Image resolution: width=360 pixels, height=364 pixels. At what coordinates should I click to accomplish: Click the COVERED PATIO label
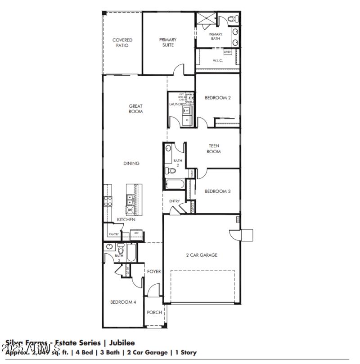pyautogui.click(x=122, y=43)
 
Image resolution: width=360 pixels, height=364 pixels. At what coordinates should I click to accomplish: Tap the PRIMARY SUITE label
pyautogui.click(x=167, y=42)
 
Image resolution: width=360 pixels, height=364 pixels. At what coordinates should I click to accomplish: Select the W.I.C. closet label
pyautogui.click(x=218, y=61)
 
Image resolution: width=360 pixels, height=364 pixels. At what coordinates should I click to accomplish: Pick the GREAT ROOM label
pyautogui.click(x=135, y=109)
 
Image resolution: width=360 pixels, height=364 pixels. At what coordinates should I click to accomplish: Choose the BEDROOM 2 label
pyautogui.click(x=218, y=97)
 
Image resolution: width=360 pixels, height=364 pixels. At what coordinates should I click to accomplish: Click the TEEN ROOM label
pyautogui.click(x=214, y=149)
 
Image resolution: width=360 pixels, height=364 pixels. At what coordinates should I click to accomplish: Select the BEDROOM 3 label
pyautogui.click(x=218, y=191)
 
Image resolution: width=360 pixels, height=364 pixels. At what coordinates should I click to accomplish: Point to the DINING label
pyautogui.click(x=131, y=164)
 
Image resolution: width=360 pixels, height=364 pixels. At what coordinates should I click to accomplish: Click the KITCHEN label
pyautogui.click(x=126, y=219)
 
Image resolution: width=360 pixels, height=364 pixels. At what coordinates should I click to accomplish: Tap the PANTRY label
pyautogui.click(x=113, y=234)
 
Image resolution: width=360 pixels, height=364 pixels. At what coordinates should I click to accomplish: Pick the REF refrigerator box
pyautogui.click(x=136, y=233)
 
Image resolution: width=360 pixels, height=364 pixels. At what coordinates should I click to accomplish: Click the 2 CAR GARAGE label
pyautogui.click(x=202, y=255)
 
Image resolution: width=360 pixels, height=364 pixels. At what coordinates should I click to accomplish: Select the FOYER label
pyautogui.click(x=154, y=272)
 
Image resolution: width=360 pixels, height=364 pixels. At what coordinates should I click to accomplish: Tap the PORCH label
pyautogui.click(x=154, y=313)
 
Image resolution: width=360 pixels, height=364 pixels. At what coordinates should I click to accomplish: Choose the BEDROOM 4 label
pyautogui.click(x=123, y=302)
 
